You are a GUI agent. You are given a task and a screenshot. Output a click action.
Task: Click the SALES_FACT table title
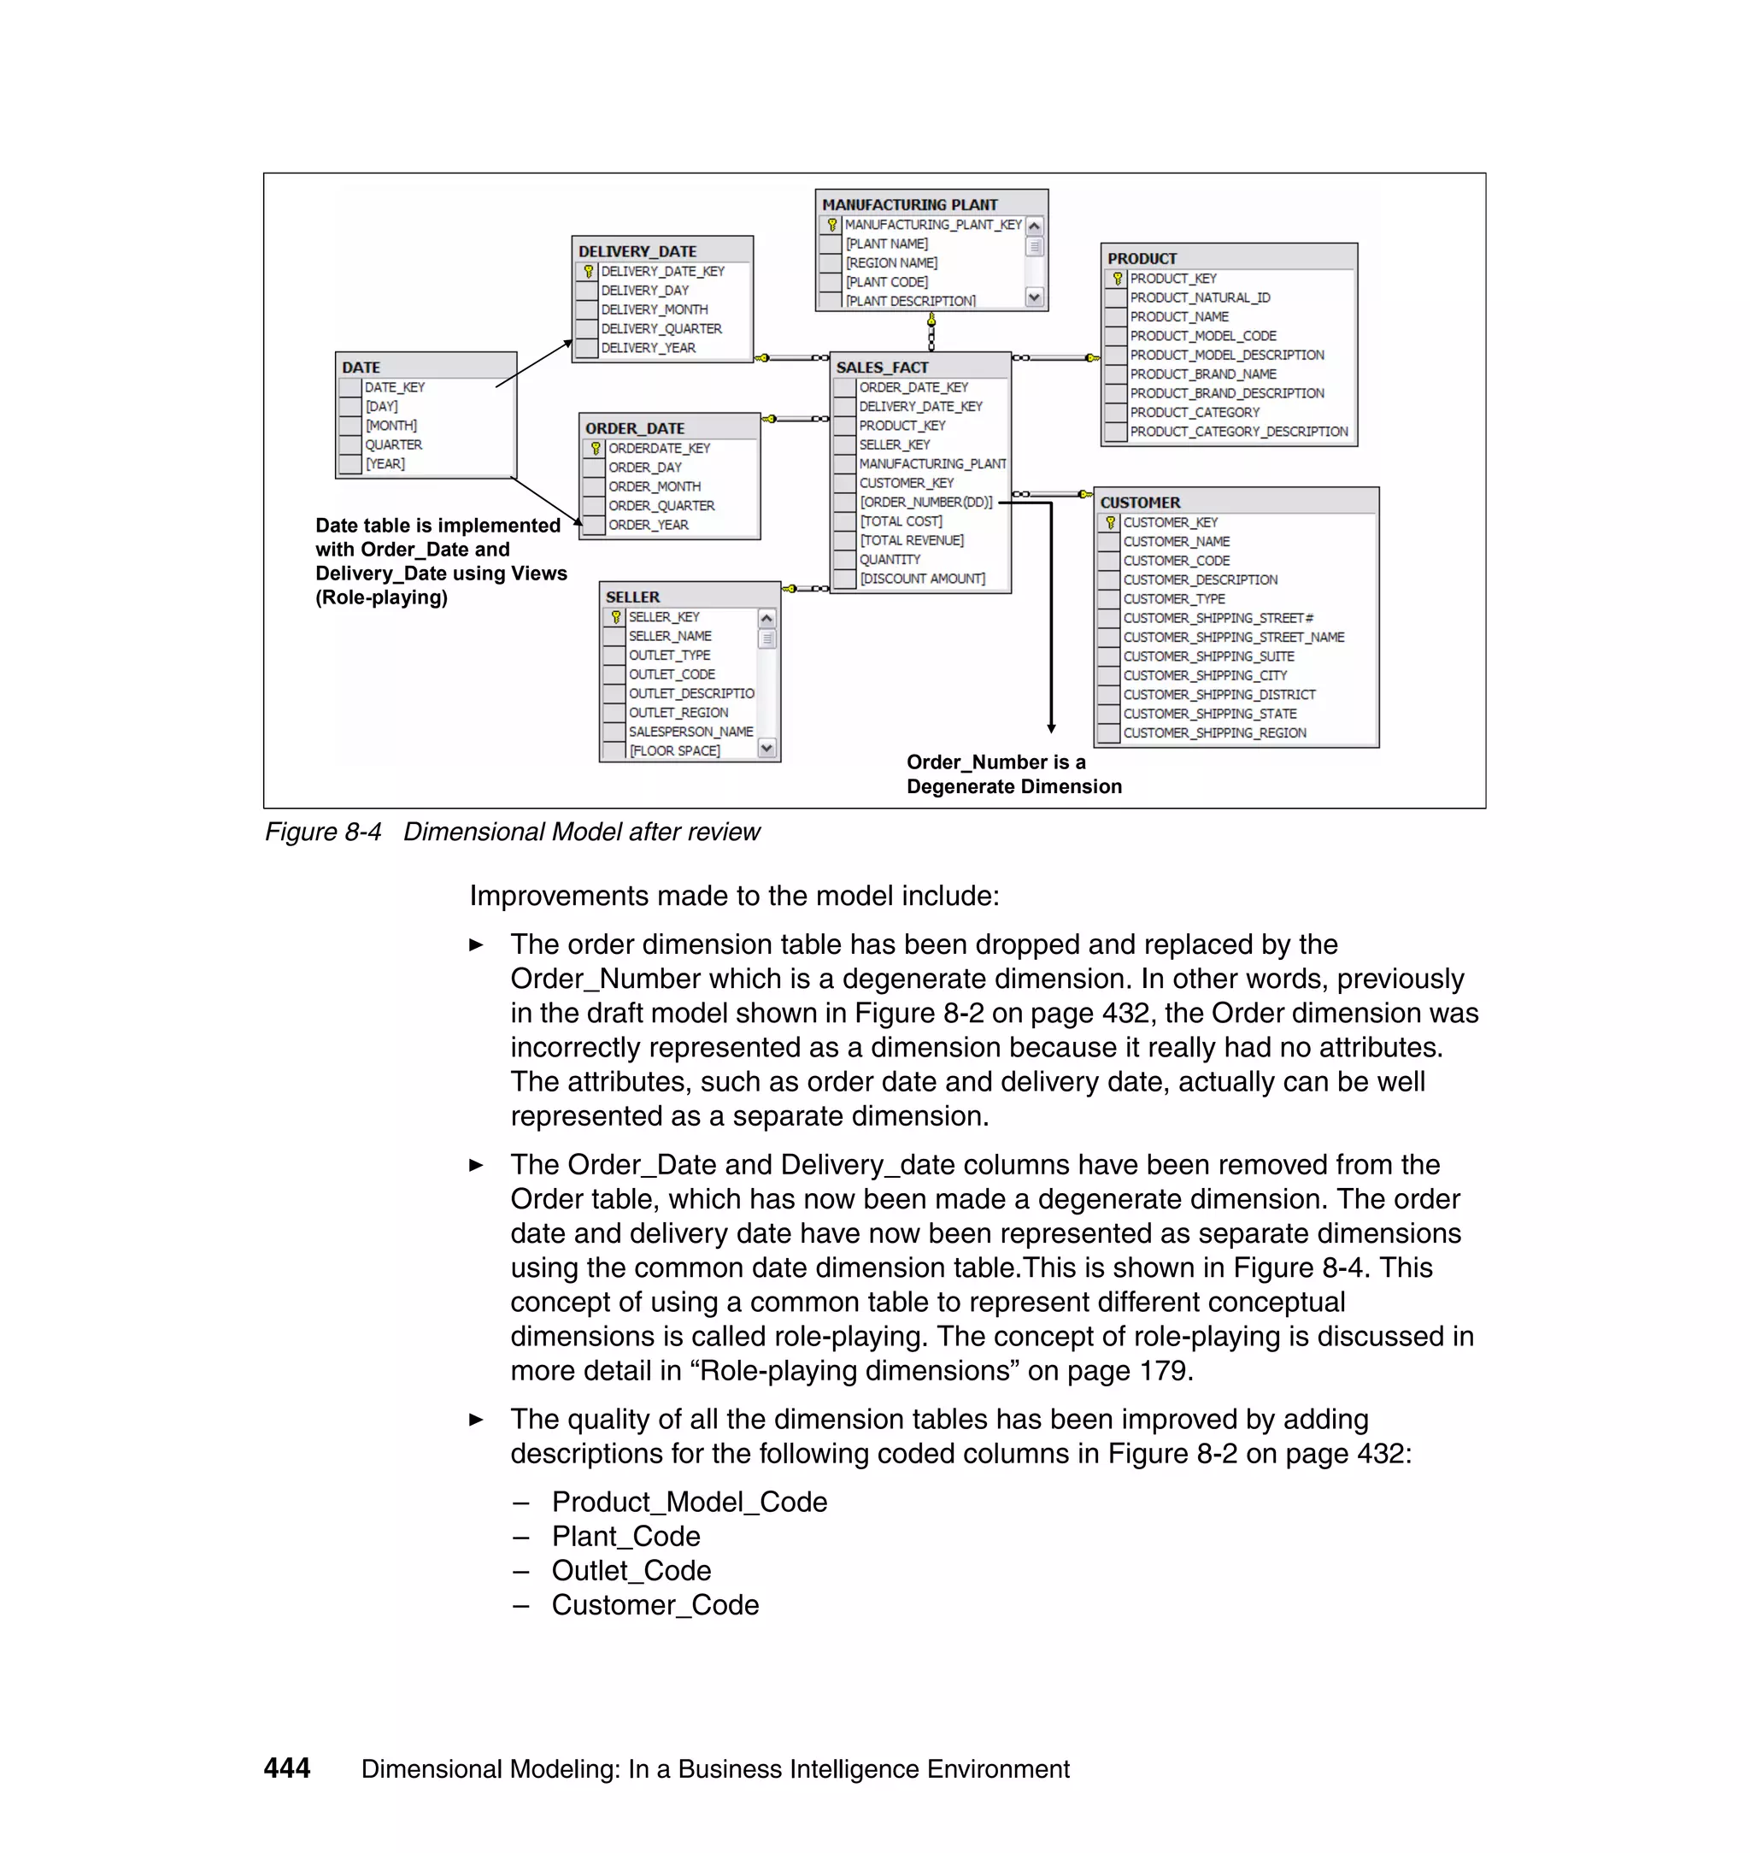pyautogui.click(x=882, y=367)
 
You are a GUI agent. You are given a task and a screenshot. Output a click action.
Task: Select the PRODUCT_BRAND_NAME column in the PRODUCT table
pyautogui.click(x=1202, y=374)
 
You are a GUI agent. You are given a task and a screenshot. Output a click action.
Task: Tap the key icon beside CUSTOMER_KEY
pyautogui.click(x=1109, y=522)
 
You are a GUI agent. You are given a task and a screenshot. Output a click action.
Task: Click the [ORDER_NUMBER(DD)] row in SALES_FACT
pyautogui.click(x=925, y=502)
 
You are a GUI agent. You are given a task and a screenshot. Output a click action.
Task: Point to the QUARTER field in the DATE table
pyautogui.click(x=393, y=445)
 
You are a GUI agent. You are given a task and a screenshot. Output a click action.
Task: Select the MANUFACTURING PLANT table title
pyautogui.click(x=909, y=204)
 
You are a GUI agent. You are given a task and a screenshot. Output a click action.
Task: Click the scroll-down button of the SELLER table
pyautogui.click(x=766, y=748)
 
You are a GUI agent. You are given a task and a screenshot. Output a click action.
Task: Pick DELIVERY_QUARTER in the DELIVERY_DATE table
pyautogui.click(x=661, y=328)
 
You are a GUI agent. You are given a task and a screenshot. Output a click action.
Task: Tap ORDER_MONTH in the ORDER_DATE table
pyautogui.click(x=654, y=486)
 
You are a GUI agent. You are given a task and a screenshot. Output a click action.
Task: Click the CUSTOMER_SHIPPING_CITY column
pyautogui.click(x=1204, y=675)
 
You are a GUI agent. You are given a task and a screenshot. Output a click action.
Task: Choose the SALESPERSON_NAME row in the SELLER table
pyautogui.click(x=690, y=732)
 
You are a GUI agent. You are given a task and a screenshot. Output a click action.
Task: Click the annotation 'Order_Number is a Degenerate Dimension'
pyautogui.click(x=1013, y=774)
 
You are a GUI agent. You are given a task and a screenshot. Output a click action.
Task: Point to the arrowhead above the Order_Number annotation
pyautogui.click(x=1051, y=727)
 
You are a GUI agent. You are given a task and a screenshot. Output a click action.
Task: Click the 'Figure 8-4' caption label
pyautogui.click(x=323, y=832)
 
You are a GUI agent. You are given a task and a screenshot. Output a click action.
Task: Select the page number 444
pyautogui.click(x=286, y=1768)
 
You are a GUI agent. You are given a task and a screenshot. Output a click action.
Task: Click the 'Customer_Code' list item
pyautogui.click(x=655, y=1605)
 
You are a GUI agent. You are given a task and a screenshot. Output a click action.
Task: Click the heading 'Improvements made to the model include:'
pyautogui.click(x=733, y=896)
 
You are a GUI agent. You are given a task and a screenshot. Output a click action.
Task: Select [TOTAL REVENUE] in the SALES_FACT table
pyautogui.click(x=912, y=540)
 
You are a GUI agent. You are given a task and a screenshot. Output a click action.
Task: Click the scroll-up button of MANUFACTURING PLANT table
pyautogui.click(x=1034, y=226)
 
